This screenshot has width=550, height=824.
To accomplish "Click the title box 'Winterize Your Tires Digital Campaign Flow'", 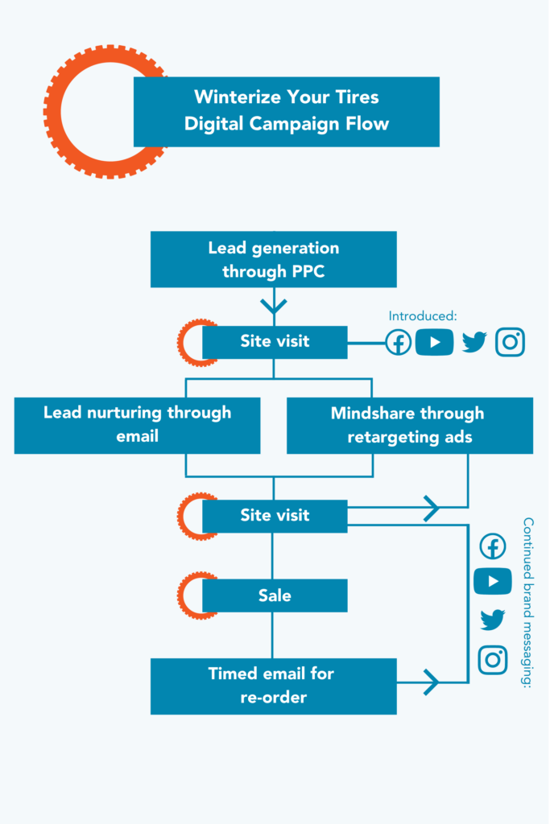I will click(286, 111).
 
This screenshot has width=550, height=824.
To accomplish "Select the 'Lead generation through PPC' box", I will click(273, 259).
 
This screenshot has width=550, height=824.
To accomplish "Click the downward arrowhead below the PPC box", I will click(274, 306).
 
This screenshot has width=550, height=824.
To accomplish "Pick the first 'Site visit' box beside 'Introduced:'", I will click(274, 341).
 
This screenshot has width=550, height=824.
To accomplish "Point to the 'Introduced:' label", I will click(422, 316).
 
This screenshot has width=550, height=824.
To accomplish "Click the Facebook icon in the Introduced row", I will click(399, 342).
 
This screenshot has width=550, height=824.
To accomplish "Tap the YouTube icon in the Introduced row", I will click(435, 342).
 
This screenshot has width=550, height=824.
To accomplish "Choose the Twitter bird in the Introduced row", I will click(474, 342).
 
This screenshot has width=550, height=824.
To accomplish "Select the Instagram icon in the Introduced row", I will click(510, 342).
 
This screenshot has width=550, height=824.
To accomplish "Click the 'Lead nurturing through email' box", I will click(137, 425).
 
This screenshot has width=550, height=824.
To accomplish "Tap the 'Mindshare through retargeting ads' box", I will click(409, 425).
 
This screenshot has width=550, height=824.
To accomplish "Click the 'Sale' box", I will click(274, 595).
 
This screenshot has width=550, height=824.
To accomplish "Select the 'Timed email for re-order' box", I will click(273, 686).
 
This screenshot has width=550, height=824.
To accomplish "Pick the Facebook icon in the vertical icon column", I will click(493, 546).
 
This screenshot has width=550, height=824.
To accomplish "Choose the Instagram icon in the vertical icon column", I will click(493, 660).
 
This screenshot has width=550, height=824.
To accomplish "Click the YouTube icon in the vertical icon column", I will click(493, 581).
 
